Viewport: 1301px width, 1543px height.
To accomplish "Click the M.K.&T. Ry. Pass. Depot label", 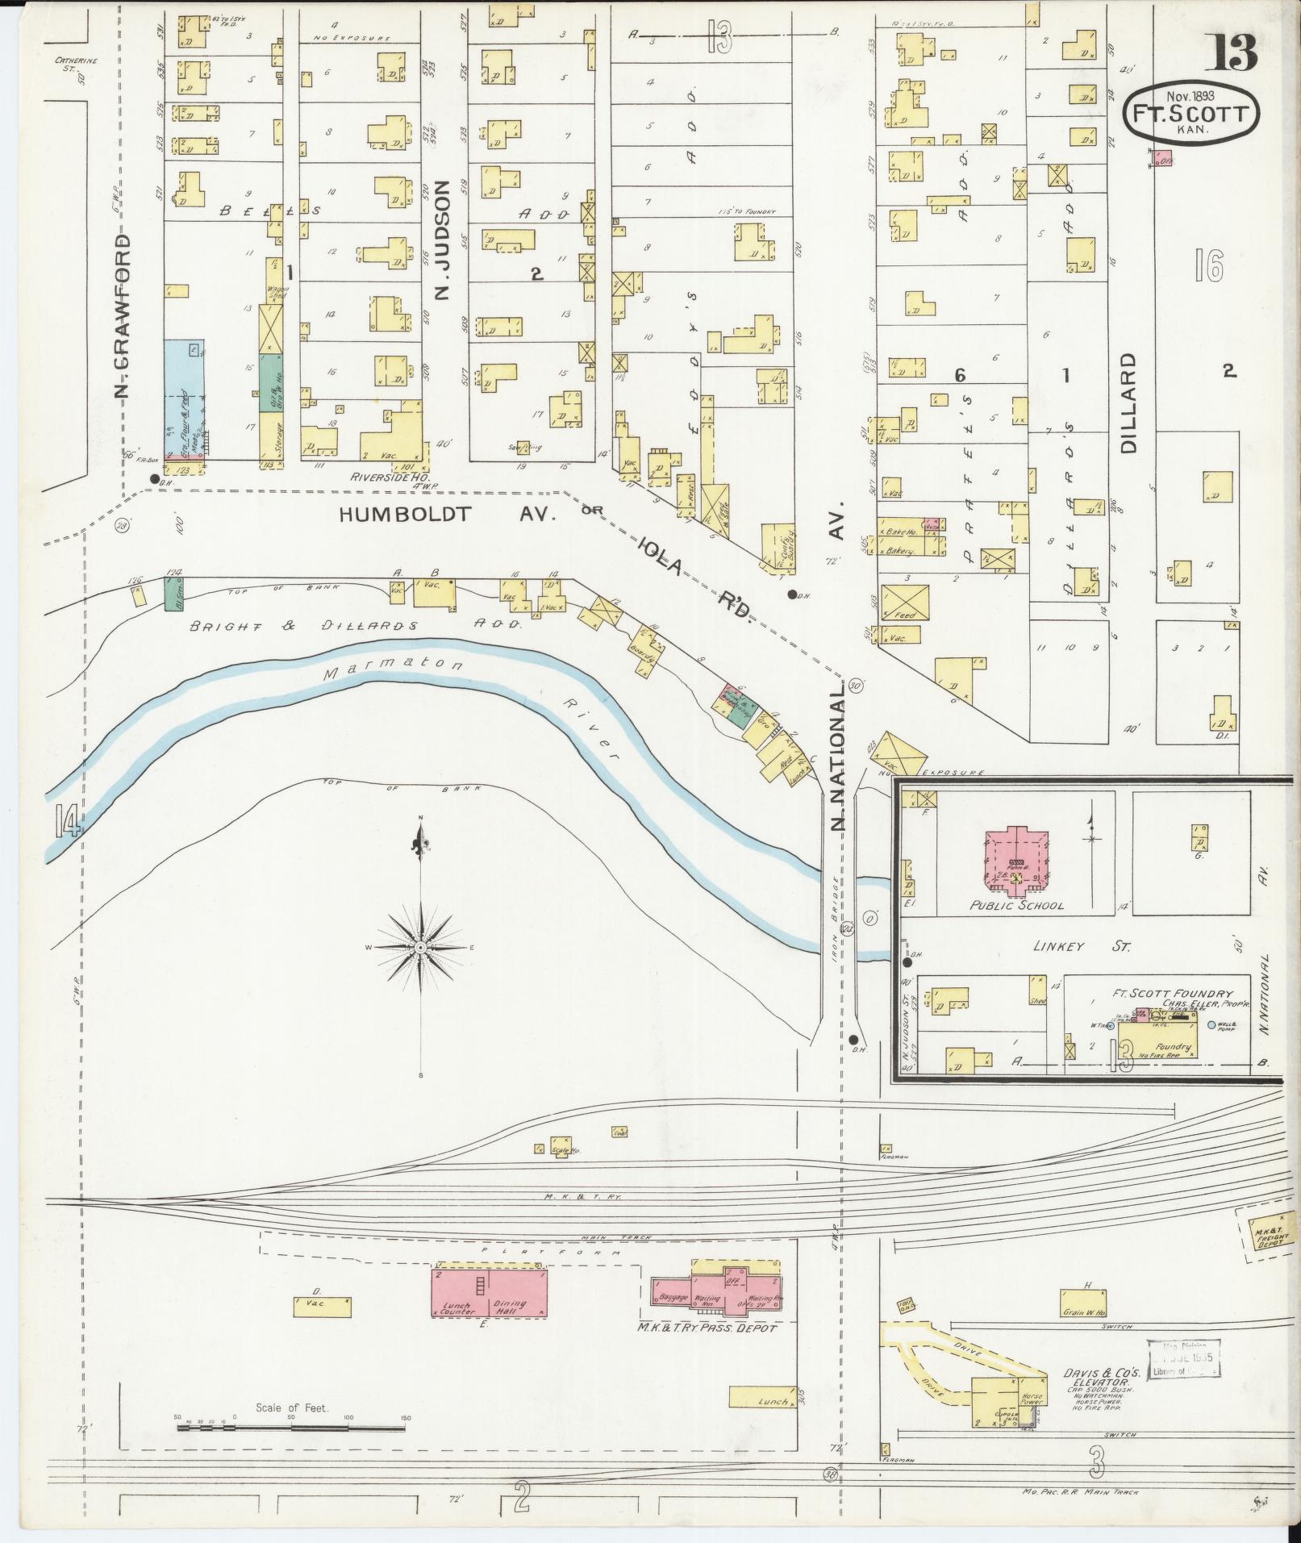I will [707, 1328].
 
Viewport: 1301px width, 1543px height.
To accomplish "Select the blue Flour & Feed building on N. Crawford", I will [184, 398].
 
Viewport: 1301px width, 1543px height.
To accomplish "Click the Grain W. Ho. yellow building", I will [1082, 1303].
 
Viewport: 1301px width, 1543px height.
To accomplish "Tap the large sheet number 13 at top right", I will [1232, 52].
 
